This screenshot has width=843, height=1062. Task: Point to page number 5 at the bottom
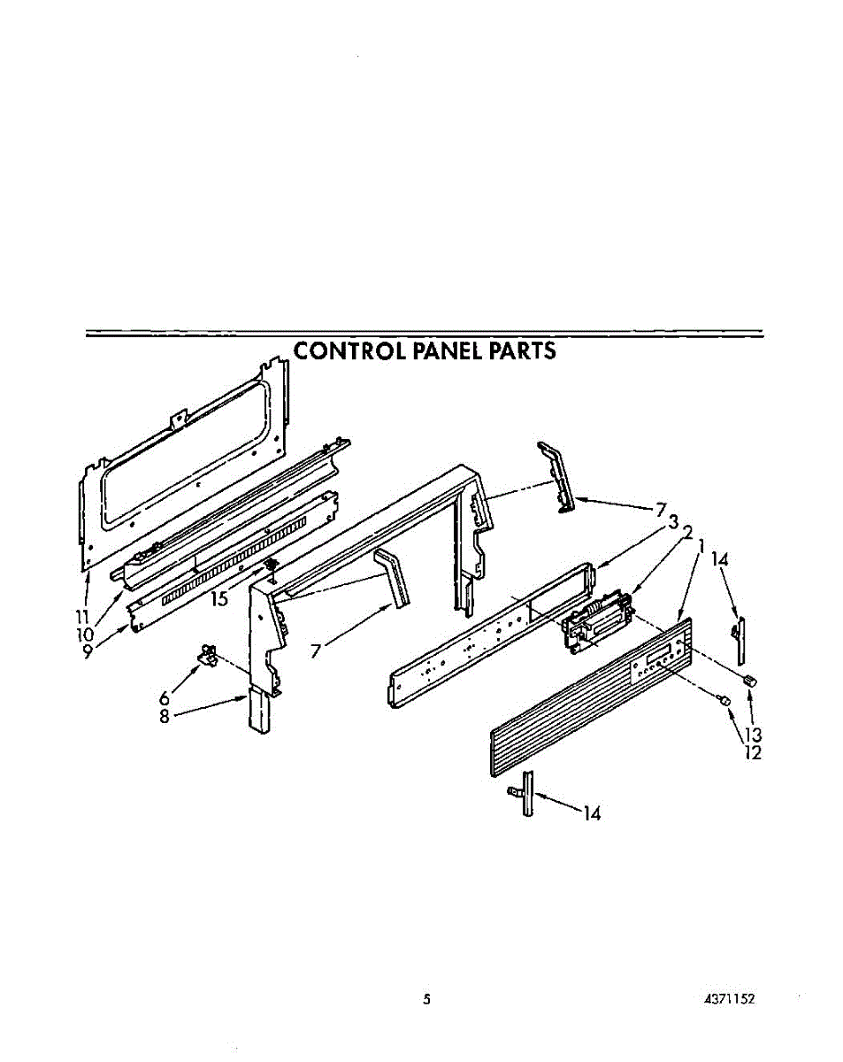[x=426, y=999]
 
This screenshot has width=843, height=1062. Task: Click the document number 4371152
[x=729, y=999]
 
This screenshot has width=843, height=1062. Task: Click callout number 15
[x=218, y=599]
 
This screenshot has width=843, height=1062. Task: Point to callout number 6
[x=165, y=698]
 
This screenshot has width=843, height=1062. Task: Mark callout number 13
[x=753, y=734]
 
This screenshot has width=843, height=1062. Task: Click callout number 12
[x=753, y=753]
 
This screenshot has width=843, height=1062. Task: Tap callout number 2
[x=686, y=534]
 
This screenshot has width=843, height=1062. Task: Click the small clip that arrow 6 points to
[x=209, y=656]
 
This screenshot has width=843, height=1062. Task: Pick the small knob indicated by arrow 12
[x=724, y=699]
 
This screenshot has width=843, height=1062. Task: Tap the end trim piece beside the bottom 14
[x=527, y=793]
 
